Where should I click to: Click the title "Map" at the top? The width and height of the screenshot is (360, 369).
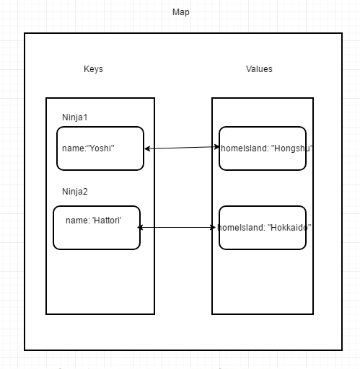point(181,12)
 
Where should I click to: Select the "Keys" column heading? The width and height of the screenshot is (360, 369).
point(93,69)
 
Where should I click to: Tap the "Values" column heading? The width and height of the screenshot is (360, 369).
point(259,69)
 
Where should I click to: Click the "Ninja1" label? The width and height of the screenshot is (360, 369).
point(75,117)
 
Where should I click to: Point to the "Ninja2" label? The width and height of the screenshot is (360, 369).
point(75,192)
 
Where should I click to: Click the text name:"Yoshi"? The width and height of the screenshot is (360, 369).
point(89,148)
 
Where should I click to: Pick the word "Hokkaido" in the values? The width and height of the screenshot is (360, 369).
point(289,228)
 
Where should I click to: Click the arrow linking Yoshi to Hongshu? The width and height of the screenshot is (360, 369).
point(182,148)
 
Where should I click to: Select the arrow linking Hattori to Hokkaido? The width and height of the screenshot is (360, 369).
point(178,228)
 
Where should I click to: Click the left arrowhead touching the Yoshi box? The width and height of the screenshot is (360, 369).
point(147,148)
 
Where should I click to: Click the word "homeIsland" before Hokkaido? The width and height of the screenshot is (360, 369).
point(240,228)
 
